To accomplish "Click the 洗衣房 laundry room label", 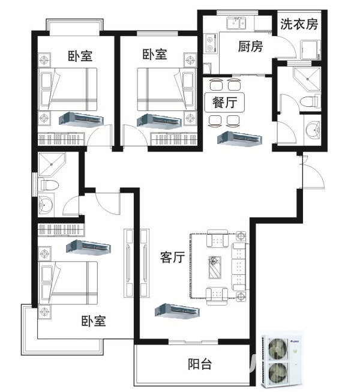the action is point(299,24).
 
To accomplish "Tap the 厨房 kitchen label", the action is point(250,46).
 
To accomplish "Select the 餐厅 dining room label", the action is point(224,103).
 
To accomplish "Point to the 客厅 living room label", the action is point(173,258).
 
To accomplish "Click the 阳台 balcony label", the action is point(200,364).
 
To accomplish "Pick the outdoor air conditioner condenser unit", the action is point(282,359).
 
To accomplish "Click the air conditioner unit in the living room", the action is point(177,311).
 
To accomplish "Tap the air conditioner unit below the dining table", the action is point(239,138).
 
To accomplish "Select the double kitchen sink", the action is point(236,23).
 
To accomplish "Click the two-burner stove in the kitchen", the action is point(210,43).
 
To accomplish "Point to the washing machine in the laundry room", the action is point(311,50).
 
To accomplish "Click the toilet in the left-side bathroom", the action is point(49,185).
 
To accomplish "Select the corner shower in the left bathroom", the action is point(52,164).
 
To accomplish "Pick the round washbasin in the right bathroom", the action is point(313,130).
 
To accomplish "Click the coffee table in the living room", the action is point(215,267).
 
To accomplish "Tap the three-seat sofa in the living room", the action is point(239,267).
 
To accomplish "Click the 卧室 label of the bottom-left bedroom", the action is point(94,321).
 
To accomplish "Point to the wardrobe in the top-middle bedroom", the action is point(174,139).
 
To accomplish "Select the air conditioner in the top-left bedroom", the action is point(81,119).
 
